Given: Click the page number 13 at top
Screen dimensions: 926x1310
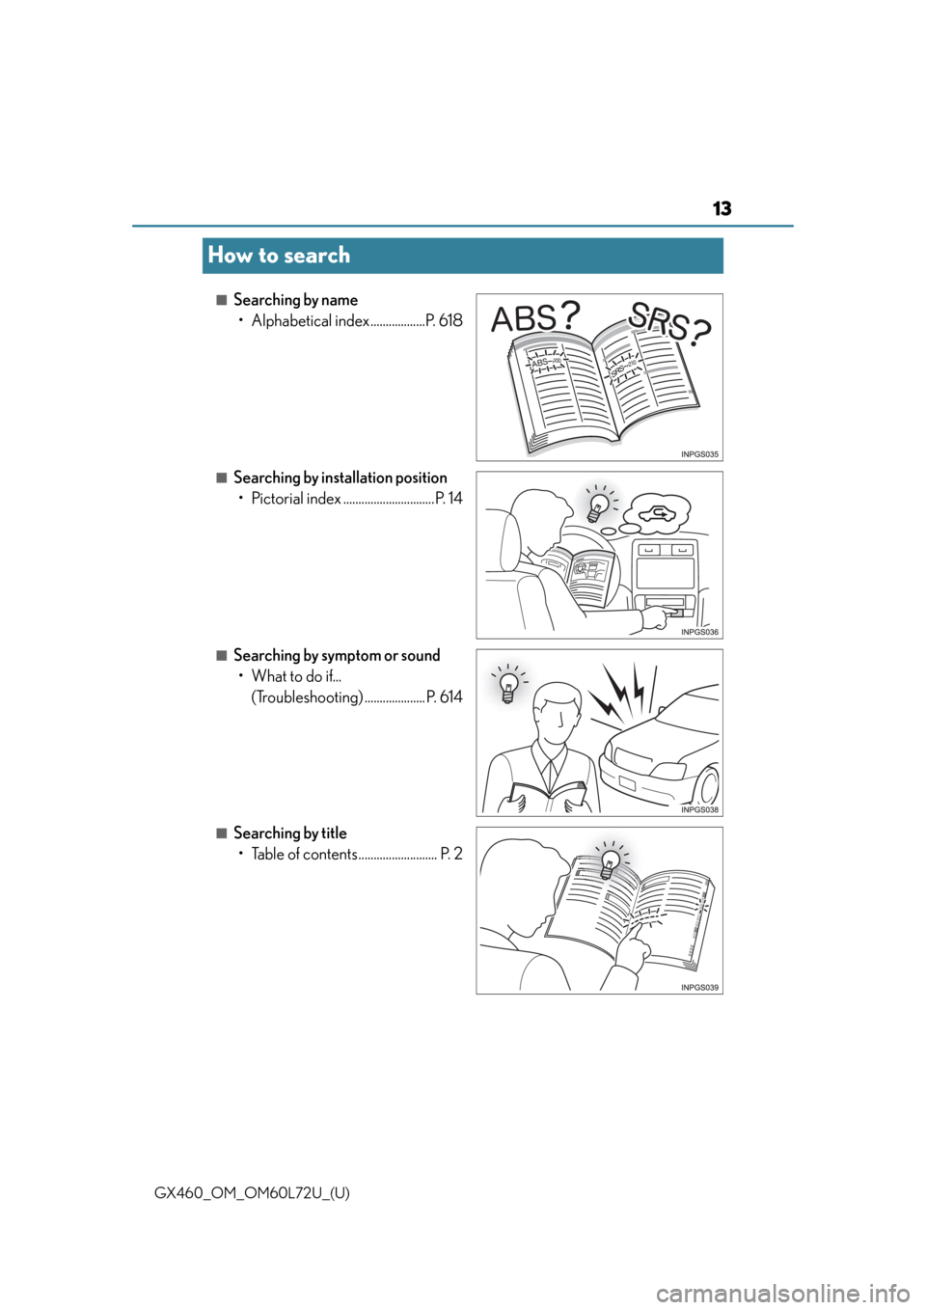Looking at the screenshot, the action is [x=722, y=208].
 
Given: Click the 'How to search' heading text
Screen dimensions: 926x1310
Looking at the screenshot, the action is [x=279, y=256].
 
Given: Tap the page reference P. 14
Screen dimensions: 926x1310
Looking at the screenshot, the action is [x=449, y=499].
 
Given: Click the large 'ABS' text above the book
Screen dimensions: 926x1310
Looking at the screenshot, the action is [x=524, y=319].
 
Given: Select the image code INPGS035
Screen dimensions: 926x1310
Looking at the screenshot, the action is [x=699, y=454].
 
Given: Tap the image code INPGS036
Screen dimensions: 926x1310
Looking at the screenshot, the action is [x=699, y=632].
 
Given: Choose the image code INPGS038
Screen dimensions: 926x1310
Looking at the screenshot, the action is [x=699, y=810].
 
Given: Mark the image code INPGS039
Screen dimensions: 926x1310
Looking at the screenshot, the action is [x=699, y=988].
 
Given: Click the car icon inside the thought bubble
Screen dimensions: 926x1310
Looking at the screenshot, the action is [x=657, y=515].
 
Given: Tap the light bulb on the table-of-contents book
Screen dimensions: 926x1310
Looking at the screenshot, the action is [x=611, y=863].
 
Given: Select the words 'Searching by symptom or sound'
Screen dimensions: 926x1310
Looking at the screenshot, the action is [x=337, y=656].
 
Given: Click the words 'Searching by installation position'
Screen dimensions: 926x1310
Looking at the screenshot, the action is [x=340, y=478].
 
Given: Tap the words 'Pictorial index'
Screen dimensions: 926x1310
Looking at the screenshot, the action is [x=296, y=499].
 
